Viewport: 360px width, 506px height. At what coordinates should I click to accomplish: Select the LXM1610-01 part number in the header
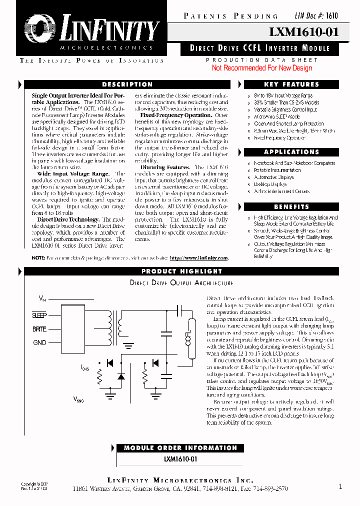click(x=303, y=32)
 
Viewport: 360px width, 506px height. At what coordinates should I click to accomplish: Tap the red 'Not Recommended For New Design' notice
click(x=261, y=68)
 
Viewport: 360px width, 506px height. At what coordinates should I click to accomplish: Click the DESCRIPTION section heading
click(x=127, y=84)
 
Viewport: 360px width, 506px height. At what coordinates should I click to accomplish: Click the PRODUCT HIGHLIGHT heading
click(x=181, y=271)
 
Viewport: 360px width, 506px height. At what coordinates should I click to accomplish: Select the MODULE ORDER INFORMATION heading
click(x=180, y=448)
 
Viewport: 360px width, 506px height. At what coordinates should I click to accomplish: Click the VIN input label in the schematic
click(x=42, y=298)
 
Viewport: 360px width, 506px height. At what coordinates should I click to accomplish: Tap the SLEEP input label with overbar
click(x=39, y=315)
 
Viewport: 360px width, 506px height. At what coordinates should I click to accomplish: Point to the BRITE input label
click(x=39, y=329)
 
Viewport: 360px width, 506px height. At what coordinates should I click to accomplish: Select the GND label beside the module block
click(x=39, y=342)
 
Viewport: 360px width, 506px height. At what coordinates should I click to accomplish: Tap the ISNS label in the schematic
click(x=85, y=368)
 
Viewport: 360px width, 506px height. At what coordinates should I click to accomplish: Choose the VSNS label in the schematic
click(x=78, y=400)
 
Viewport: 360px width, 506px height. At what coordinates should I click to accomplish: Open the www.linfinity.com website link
click(x=198, y=258)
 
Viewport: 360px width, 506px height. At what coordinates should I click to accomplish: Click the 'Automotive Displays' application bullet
click(x=273, y=177)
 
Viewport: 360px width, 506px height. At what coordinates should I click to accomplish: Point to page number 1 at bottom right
click(x=340, y=486)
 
